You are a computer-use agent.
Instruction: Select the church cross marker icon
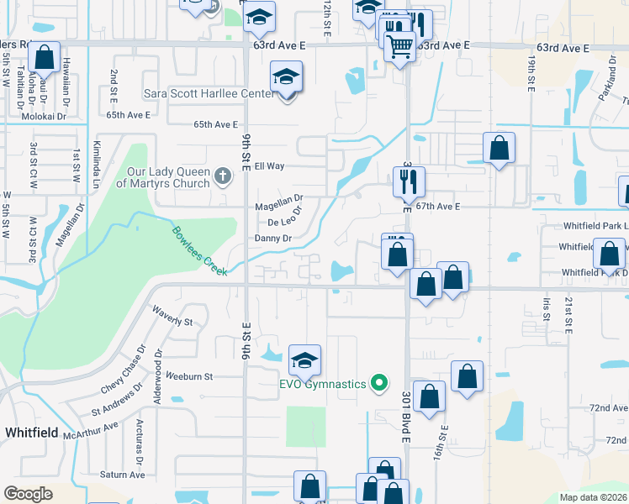222,176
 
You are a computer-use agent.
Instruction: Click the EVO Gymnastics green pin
379,384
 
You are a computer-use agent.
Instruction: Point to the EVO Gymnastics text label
323,385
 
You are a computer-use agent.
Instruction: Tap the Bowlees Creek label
198,245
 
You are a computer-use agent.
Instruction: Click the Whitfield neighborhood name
31,432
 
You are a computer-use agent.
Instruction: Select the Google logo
29,494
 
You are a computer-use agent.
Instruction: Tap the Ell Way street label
271,166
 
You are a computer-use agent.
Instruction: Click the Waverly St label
172,321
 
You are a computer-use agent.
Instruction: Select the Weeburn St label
190,376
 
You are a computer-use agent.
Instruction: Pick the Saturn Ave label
123,475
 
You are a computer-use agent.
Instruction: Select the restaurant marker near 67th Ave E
410,181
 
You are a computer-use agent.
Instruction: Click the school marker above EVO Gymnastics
304,360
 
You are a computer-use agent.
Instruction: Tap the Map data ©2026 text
593,497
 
